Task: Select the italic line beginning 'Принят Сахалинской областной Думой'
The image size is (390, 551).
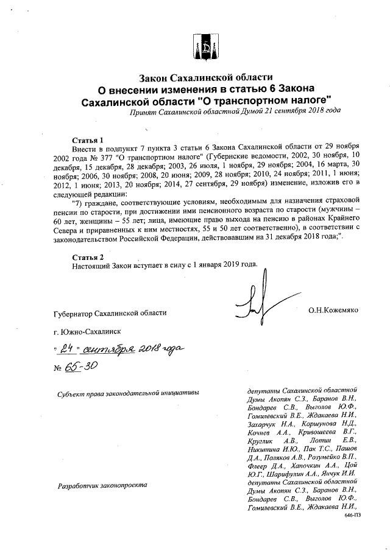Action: (235, 111)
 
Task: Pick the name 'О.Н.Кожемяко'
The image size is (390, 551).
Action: (333, 311)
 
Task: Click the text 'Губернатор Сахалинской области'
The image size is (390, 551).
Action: (109, 313)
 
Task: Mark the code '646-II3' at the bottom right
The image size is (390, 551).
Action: (352, 515)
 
